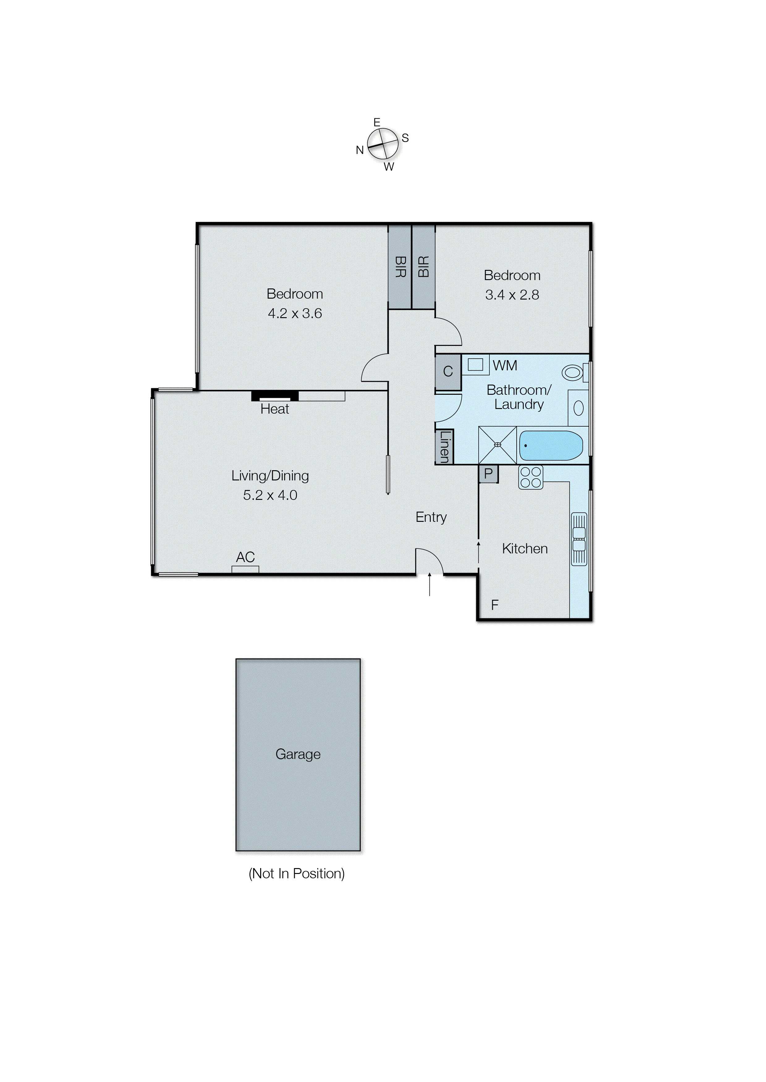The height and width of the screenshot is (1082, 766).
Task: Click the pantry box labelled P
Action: coord(489,474)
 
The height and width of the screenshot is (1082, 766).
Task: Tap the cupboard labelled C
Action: coord(448,372)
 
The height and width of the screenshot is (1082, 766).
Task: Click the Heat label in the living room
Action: coord(274,409)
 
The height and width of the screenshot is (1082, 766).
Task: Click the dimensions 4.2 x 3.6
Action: coord(295,313)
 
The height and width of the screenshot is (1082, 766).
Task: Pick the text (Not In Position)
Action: coord(297,873)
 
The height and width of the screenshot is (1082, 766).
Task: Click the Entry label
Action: coord(431,517)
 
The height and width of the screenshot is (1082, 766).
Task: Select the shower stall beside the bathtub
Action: coord(497,445)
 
